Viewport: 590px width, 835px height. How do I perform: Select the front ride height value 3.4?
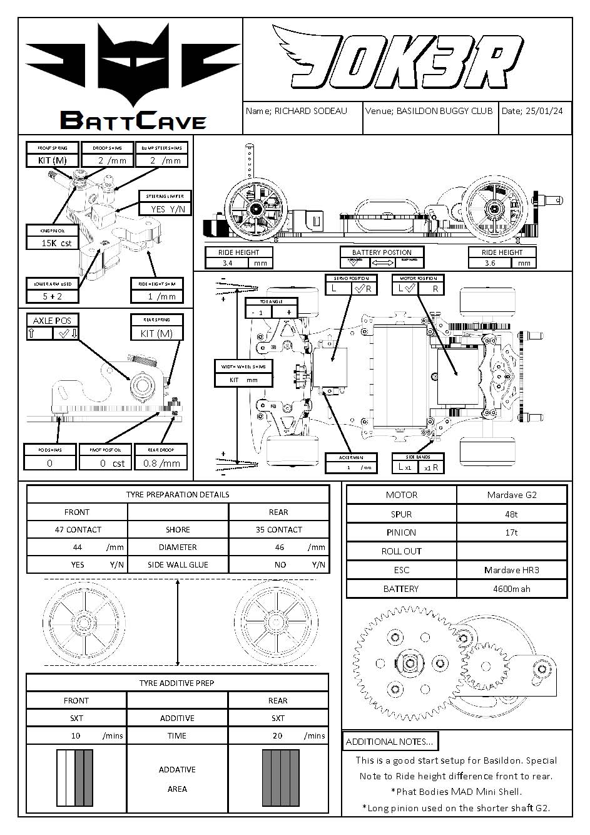[x=228, y=263]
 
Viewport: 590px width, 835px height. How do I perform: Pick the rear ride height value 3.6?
[x=490, y=263]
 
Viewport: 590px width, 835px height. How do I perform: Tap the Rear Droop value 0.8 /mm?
[x=161, y=464]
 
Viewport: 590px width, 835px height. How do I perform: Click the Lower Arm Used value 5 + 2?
[x=53, y=296]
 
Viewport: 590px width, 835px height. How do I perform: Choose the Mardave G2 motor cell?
[x=511, y=495]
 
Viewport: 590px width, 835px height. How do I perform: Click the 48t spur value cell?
[x=511, y=514]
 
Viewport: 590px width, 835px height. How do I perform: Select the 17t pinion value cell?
[x=511, y=532]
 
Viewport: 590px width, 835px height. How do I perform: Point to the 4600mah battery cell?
[x=511, y=589]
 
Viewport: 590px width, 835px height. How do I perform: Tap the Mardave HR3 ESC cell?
[x=511, y=570]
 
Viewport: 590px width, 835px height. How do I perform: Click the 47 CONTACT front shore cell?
[x=78, y=529]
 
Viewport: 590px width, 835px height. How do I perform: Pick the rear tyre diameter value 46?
[x=279, y=547]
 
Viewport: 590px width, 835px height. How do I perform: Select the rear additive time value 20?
[x=277, y=735]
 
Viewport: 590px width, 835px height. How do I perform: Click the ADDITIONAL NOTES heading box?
[x=390, y=742]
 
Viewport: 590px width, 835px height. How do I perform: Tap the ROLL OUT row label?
[x=401, y=551]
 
